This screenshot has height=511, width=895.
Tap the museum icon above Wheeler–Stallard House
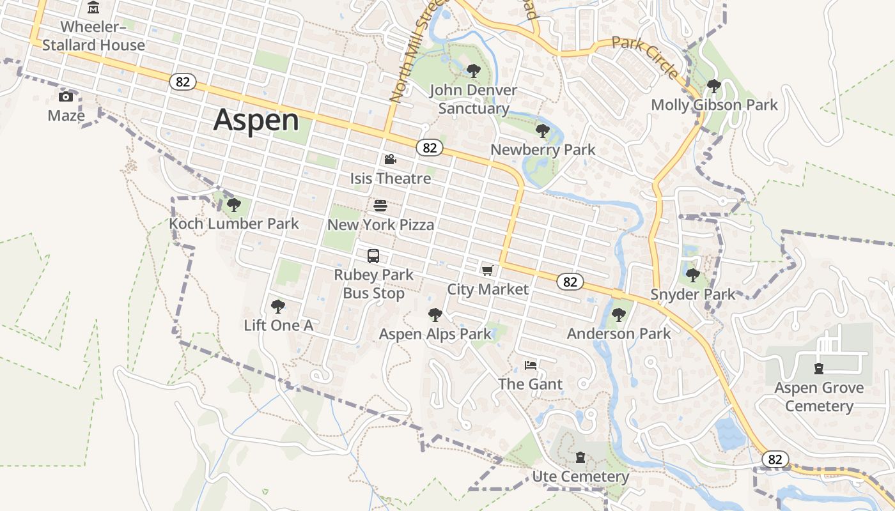(x=93, y=8)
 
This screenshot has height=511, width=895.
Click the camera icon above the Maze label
(x=65, y=96)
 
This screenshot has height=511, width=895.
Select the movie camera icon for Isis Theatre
(x=390, y=159)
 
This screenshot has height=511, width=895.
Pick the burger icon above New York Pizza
(x=380, y=206)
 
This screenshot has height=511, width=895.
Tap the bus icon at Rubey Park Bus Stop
(x=373, y=256)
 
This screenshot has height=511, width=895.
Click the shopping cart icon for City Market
(x=488, y=270)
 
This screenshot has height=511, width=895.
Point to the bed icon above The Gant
(x=531, y=365)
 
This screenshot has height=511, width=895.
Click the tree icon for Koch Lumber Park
(x=234, y=205)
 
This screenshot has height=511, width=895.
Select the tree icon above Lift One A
(x=278, y=307)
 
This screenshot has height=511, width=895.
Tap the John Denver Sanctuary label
(x=473, y=99)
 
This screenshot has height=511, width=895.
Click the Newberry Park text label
(x=543, y=149)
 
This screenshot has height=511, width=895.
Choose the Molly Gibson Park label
(x=714, y=105)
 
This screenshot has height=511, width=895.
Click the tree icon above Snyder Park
(x=693, y=275)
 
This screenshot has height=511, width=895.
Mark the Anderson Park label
(x=619, y=333)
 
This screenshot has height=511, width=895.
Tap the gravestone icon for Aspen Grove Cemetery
(x=818, y=369)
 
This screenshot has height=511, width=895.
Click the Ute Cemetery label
(x=580, y=477)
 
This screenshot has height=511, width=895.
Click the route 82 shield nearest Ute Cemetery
(x=775, y=459)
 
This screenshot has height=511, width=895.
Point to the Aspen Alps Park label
(x=435, y=334)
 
